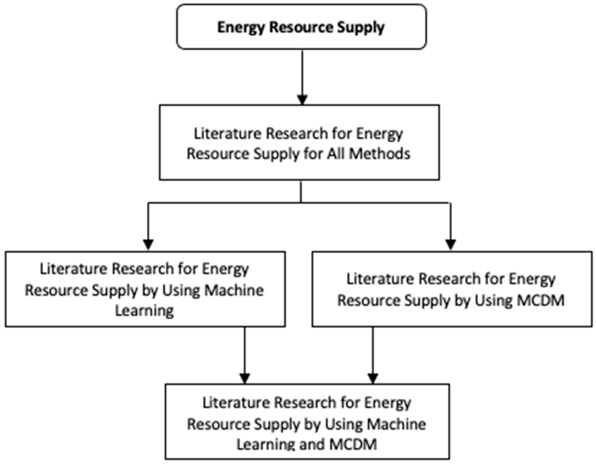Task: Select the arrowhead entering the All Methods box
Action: (302, 100)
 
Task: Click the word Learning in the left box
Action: (144, 311)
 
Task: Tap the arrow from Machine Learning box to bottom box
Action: (245, 354)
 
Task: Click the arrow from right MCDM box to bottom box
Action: (373, 354)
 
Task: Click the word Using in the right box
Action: (494, 300)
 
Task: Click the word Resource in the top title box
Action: (301, 27)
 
